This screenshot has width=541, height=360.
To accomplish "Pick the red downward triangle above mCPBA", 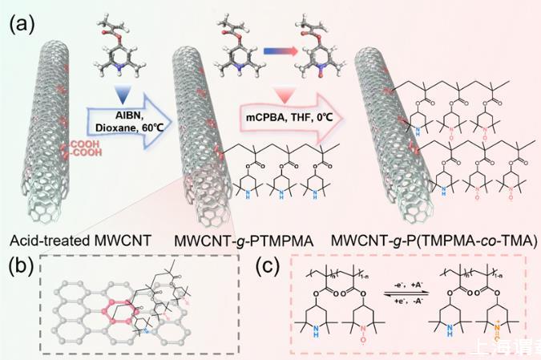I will click(285, 95).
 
